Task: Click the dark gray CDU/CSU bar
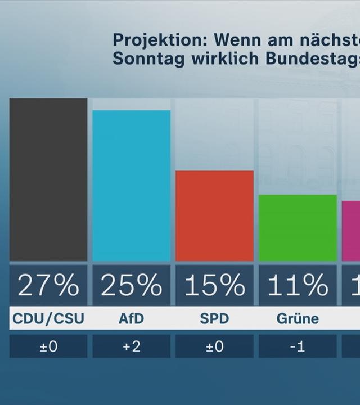(48, 179)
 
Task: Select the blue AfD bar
(131, 186)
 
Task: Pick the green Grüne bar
(298, 228)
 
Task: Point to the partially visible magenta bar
(352, 231)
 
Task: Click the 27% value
(48, 285)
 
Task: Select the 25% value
(131, 285)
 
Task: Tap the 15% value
(214, 285)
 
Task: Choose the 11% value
(298, 285)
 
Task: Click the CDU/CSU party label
(48, 319)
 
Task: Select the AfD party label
(131, 319)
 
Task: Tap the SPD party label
(214, 319)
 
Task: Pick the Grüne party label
(298, 319)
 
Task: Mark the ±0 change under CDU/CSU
(48, 346)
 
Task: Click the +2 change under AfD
(131, 346)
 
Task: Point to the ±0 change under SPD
(214, 346)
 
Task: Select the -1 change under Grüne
(298, 346)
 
